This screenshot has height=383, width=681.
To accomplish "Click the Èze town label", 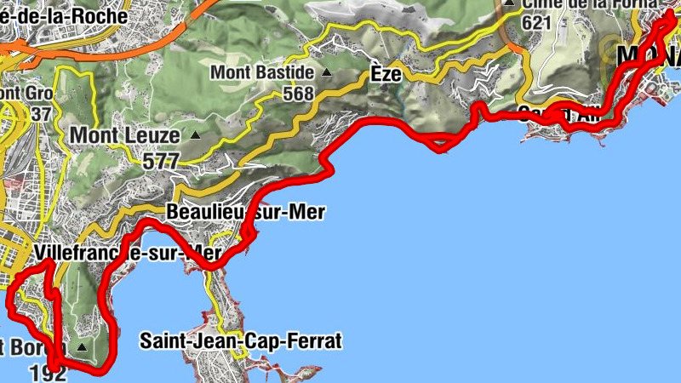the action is coord(386,73).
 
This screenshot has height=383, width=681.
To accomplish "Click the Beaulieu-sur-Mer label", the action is coord(246,212).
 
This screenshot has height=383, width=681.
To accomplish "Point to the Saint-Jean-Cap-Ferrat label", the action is coord(241,342).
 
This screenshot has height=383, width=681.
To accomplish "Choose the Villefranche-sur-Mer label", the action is coord(128,253).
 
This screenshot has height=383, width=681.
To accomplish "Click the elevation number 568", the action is coord(298,94).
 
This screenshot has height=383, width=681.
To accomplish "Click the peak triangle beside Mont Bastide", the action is coord(326,73).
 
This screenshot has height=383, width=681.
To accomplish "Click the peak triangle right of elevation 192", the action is coord(83,348).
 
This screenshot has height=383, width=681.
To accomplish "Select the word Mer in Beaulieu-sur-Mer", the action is coord(307,212).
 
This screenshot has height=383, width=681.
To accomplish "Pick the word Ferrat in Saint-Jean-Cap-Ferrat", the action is coord(313,342).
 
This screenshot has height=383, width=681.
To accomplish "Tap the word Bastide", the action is coord(287,73).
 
